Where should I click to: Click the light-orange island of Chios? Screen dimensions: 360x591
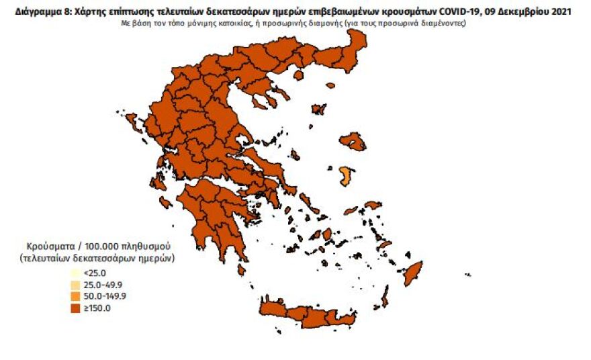(346, 177)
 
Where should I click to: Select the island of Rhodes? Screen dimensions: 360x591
(412, 272)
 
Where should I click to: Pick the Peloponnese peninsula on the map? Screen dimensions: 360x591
(212, 215)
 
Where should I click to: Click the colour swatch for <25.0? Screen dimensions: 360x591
(75, 273)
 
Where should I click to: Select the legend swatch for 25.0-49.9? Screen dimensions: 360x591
(75, 285)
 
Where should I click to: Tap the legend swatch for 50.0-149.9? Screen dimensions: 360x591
(75, 296)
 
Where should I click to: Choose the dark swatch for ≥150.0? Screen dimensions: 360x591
(75, 308)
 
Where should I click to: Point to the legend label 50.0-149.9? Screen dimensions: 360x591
(104, 296)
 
